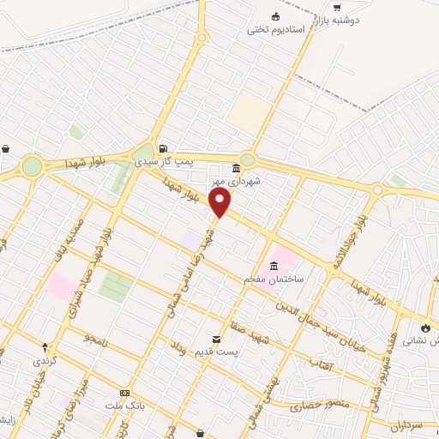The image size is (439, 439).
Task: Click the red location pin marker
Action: click(221, 203)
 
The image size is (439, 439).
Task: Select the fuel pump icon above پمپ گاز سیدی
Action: click(163, 146)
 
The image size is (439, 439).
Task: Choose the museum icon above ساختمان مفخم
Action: click(274, 266)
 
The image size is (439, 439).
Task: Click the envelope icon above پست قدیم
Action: click(216, 340)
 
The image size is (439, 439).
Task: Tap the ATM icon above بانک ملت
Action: click(126, 392)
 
